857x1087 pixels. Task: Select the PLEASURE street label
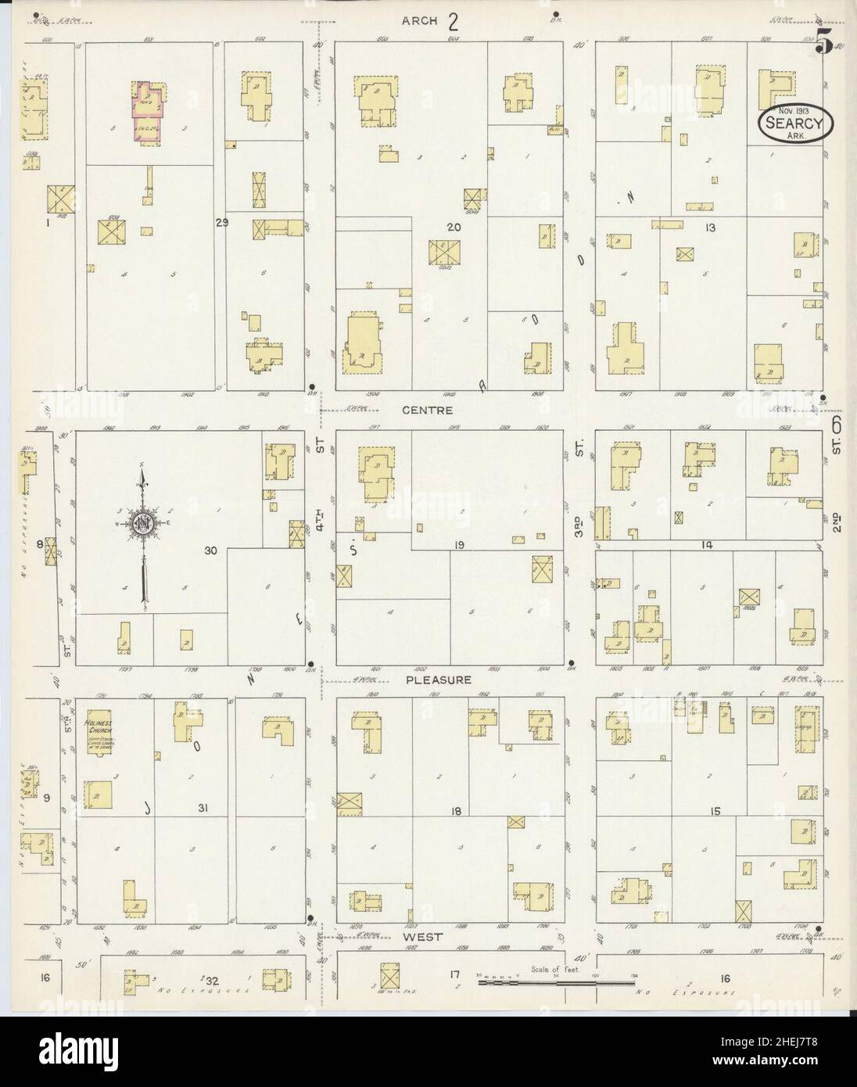(x=438, y=680)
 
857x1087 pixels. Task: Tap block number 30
(x=210, y=551)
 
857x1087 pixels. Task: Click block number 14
(x=708, y=542)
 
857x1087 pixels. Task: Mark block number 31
(x=206, y=808)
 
